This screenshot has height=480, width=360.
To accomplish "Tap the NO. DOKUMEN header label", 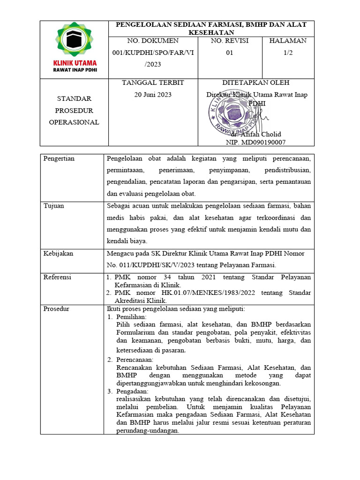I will [x=153, y=41].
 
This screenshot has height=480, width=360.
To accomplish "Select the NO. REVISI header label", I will [x=230, y=41].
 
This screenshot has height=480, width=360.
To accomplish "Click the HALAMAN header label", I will [x=288, y=41].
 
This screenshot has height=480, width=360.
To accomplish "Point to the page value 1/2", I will [x=288, y=53].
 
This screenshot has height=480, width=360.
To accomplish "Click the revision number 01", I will [x=230, y=53].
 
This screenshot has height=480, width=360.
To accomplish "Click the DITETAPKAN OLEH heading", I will [x=256, y=82].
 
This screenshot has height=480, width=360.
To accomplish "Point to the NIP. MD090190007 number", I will [x=256, y=142].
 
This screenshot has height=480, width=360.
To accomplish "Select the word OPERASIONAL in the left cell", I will [x=74, y=122].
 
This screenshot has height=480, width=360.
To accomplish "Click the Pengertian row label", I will [x=59, y=158].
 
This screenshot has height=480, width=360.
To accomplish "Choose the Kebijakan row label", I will [x=58, y=254].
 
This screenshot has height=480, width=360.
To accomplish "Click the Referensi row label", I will [x=57, y=277].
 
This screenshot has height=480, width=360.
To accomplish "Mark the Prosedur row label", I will [x=56, y=309].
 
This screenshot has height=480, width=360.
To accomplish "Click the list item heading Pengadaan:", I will [x=132, y=391].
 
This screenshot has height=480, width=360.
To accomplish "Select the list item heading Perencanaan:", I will [x=135, y=360].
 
